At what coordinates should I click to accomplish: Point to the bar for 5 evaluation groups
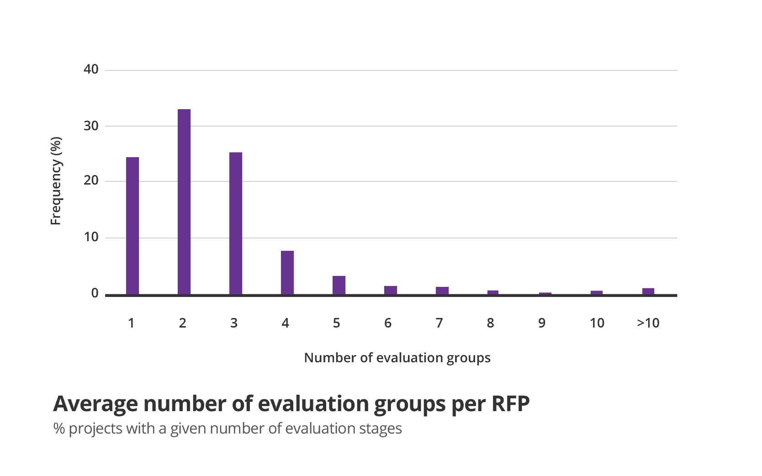[339, 285]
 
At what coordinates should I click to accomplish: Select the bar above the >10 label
[648, 291]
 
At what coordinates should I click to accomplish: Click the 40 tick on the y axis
[91, 69]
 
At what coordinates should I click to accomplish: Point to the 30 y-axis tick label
[91, 126]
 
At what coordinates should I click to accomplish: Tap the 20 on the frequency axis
[91, 180]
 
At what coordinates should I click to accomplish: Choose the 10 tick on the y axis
[91, 237]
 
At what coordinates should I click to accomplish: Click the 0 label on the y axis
[95, 293]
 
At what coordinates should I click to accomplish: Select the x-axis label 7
[439, 323]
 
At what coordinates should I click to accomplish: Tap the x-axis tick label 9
[542, 323]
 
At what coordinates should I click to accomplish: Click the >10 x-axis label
[648, 323]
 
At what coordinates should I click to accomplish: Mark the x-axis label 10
[597, 323]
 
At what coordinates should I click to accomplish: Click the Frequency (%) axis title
[56, 181]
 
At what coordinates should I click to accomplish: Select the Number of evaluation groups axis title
[397, 358]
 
